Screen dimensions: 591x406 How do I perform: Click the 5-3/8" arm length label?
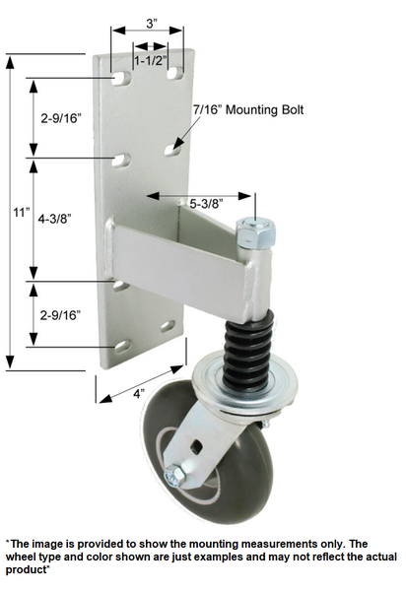206,203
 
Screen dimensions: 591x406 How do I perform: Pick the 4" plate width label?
141,393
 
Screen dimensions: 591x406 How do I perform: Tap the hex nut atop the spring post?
256,234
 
